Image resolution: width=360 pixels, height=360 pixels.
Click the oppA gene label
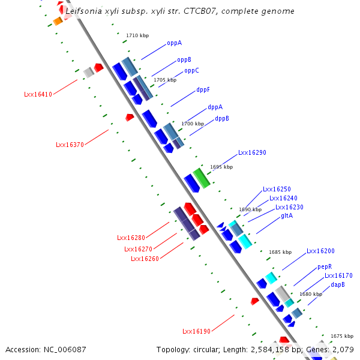coord(174,43)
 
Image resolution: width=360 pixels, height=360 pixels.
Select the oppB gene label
coord(184,60)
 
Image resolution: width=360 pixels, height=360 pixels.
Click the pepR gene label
coord(325,266)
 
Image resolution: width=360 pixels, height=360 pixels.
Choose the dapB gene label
coord(338,285)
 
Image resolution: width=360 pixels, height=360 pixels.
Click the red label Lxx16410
coord(38,94)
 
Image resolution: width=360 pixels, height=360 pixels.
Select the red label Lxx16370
coord(70,145)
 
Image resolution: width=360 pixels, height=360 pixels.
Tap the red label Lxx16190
coord(196,331)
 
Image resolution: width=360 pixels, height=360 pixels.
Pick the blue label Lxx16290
coord(252,153)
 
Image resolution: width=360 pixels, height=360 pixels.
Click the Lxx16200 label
coord(320,251)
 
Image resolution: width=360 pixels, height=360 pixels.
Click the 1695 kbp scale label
coord(221,167)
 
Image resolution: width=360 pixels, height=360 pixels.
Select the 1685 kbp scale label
coord(280,253)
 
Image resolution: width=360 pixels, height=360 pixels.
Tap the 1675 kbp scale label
coord(341,336)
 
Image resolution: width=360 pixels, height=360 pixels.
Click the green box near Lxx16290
coord(202,178)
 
